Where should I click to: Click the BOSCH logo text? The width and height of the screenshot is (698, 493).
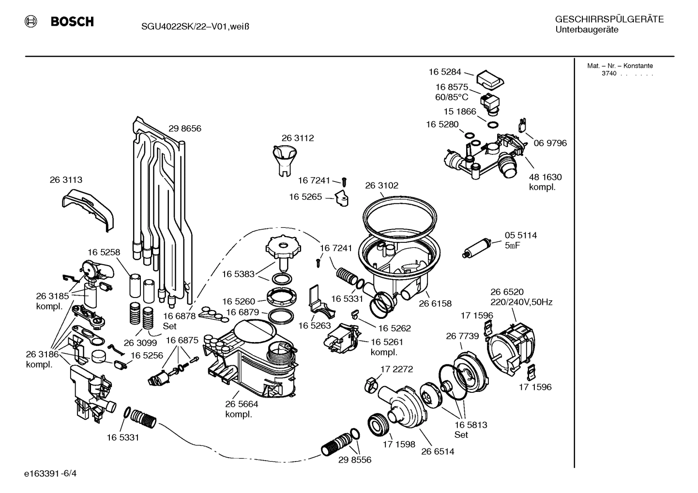point(72,22)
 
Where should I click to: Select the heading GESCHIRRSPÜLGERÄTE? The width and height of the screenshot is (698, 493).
point(609,20)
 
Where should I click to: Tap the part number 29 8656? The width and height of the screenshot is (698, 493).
point(184,129)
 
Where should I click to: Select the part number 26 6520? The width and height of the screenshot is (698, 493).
point(506,292)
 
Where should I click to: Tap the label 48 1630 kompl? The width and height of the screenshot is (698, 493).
point(545,182)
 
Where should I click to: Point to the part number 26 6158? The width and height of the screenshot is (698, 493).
point(435,304)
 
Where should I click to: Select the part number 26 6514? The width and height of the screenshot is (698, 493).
point(438,451)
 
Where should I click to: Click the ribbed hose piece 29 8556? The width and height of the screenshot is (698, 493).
point(338,443)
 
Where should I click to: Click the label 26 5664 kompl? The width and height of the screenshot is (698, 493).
point(242,409)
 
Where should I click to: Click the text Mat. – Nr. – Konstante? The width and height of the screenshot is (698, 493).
point(620,66)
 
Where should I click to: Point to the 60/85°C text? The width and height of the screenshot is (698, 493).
point(452,97)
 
